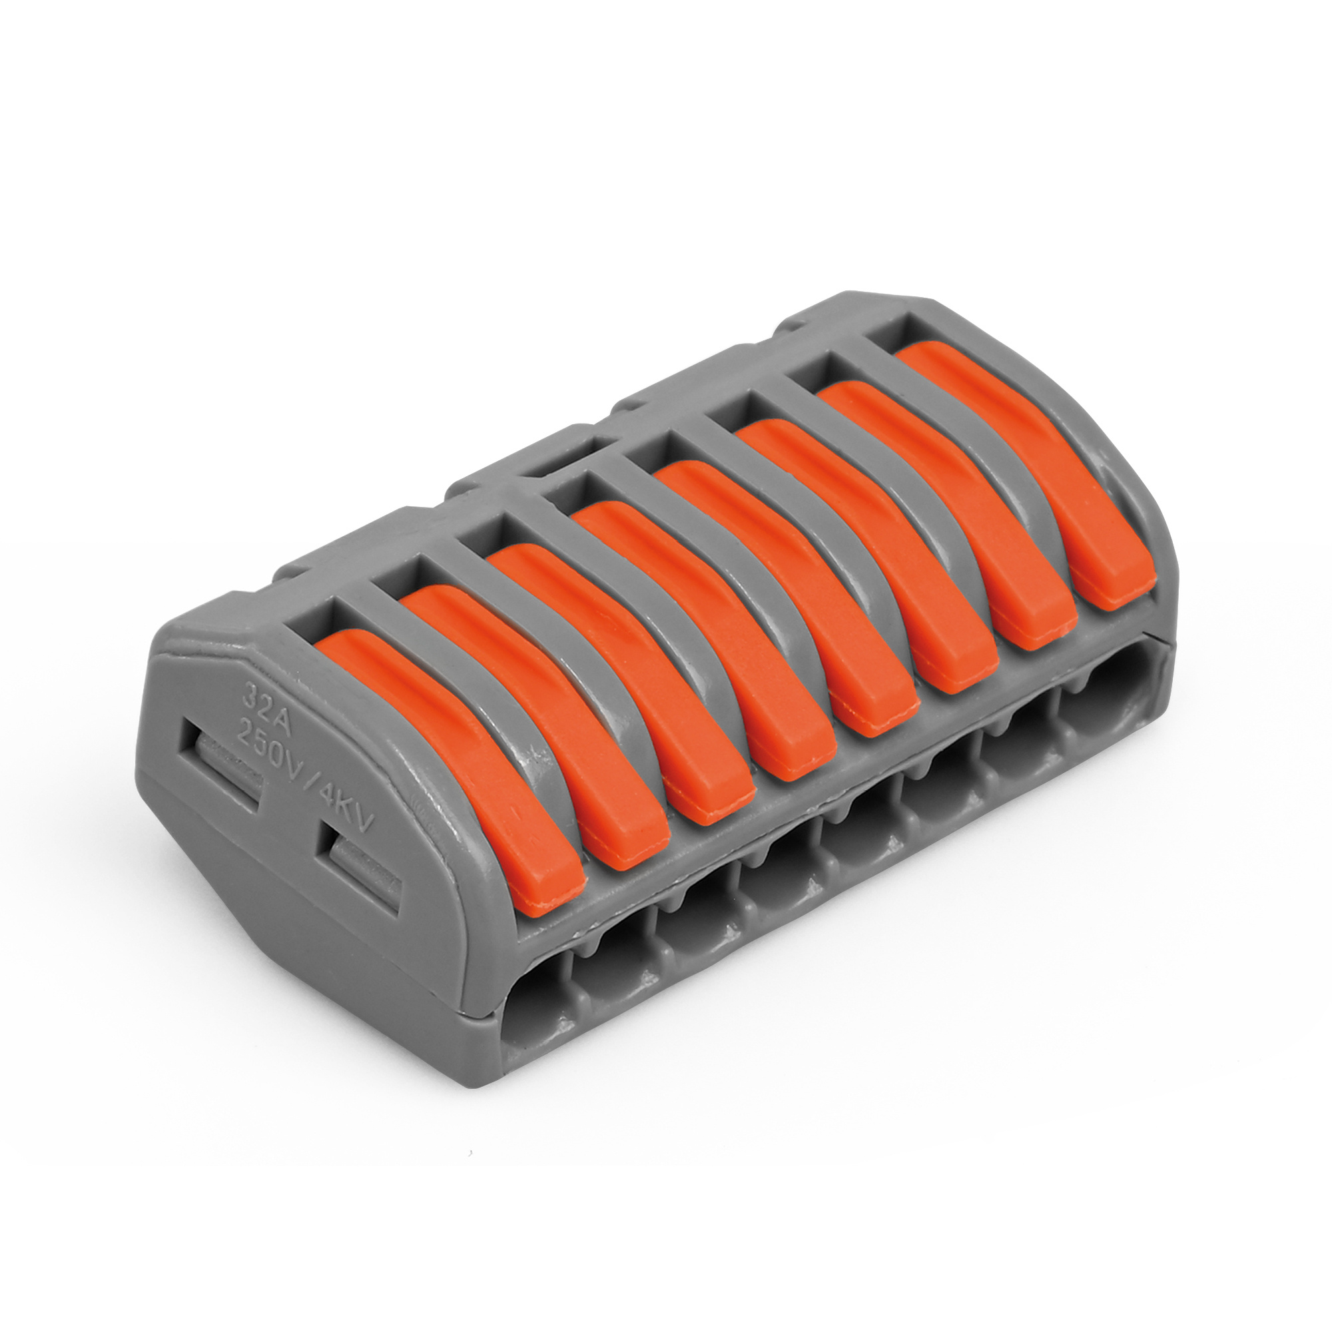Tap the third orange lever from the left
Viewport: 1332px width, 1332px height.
[621, 683]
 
